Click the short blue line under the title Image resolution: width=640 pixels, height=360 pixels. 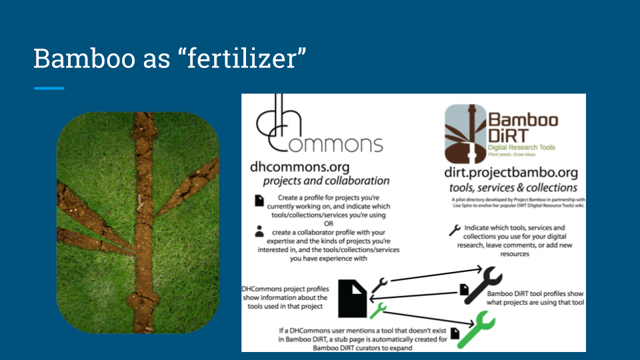tap(49, 88)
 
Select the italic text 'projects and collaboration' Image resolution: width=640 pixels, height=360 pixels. tap(326, 181)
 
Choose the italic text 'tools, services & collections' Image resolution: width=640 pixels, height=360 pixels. tap(513, 187)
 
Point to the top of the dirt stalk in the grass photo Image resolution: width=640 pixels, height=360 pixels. tap(142, 119)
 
